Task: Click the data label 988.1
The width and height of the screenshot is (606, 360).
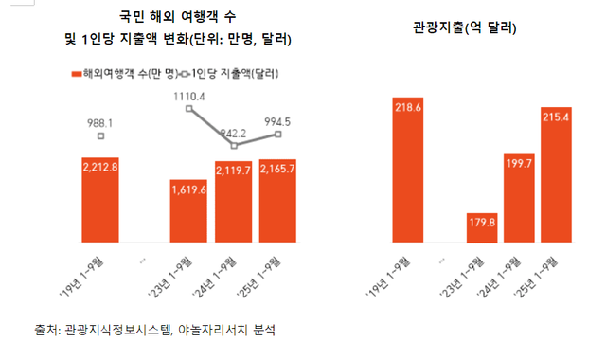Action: pyautogui.click(x=101, y=122)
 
